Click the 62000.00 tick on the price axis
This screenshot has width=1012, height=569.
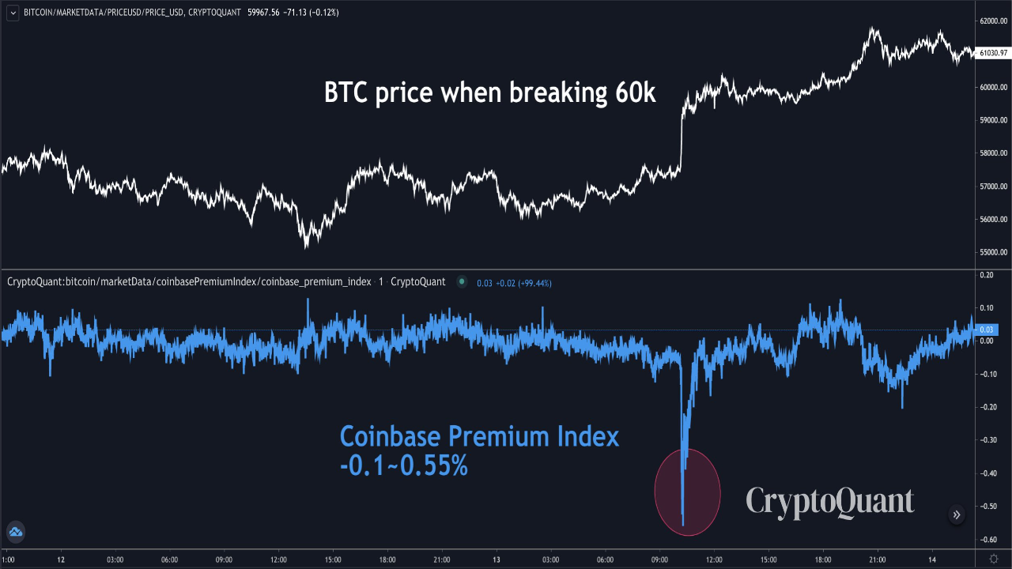[993, 21]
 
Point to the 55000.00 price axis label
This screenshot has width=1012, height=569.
[993, 253]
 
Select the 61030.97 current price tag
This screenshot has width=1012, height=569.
[993, 53]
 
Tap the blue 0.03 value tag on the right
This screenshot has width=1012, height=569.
[986, 330]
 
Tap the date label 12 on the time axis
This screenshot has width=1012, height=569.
[61, 560]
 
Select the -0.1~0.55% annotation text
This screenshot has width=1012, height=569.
[403, 466]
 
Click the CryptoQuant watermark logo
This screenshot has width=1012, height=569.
[830, 502]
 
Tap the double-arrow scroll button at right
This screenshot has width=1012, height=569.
[957, 515]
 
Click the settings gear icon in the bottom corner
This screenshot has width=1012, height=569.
[994, 559]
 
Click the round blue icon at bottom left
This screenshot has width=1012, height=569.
[15, 532]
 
